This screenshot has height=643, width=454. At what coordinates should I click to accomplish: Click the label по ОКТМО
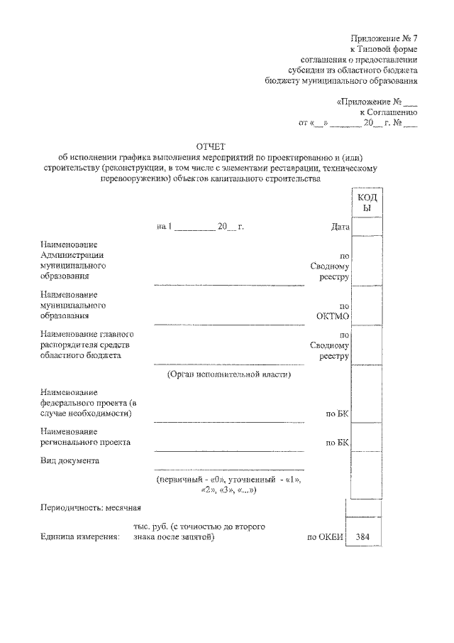coord(334,310)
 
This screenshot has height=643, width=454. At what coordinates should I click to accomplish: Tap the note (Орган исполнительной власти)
coord(229,374)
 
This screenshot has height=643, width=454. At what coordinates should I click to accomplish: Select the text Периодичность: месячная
coord(92,507)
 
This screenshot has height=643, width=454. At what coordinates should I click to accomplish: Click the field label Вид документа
coord(70,460)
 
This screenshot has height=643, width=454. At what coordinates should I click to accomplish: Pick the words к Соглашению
coord(389,112)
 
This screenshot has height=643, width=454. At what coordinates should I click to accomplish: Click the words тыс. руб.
coord(146,526)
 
